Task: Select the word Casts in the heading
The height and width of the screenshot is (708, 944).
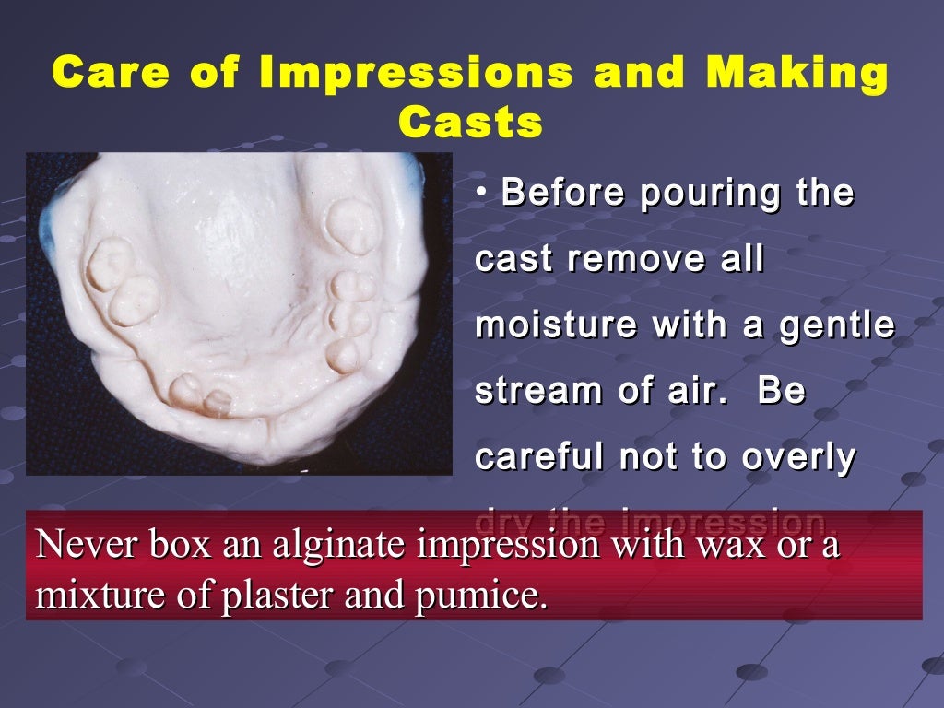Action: (x=470, y=122)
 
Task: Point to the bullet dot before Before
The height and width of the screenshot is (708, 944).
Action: (x=482, y=194)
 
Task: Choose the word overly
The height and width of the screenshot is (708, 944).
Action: (x=801, y=458)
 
